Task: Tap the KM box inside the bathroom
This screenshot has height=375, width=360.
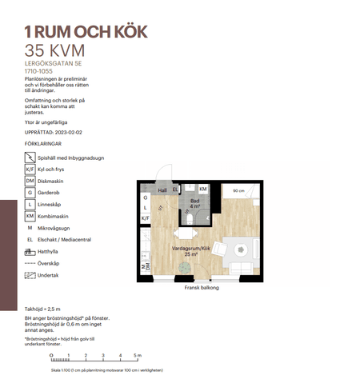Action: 202,189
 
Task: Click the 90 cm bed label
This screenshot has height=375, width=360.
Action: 238,191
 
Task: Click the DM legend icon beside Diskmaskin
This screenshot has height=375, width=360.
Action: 30,181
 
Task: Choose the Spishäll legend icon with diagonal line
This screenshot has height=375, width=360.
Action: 30,158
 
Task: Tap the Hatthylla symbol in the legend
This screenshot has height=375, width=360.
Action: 30,250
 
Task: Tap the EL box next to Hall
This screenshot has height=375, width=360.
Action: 176,189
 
